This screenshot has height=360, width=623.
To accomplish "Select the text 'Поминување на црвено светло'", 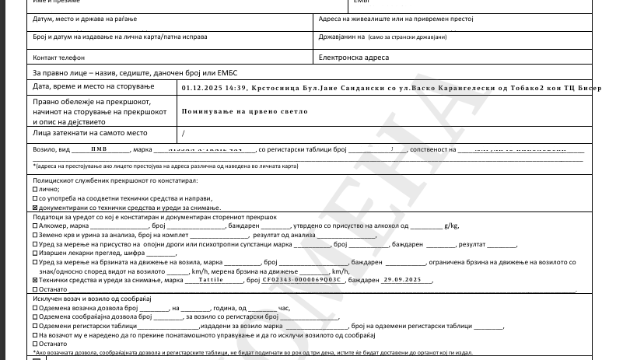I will click(x=244, y=111).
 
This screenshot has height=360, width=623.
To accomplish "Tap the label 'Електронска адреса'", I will click(x=354, y=58).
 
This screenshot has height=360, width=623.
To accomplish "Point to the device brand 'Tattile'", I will click(x=210, y=279).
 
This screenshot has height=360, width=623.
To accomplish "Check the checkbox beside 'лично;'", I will click(x=34, y=189).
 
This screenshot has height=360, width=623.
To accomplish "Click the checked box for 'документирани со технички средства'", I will click(x=34, y=208).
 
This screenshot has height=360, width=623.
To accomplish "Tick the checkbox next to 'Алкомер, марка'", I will click(x=34, y=225).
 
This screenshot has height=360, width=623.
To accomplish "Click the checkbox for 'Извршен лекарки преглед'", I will click(x=34, y=253).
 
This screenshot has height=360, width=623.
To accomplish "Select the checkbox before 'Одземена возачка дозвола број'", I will click(x=34, y=308).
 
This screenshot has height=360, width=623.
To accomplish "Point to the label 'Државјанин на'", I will click(x=341, y=37).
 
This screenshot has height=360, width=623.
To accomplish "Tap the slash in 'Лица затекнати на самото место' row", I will click(x=183, y=133).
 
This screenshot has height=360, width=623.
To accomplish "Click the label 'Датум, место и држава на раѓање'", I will click(x=81, y=18).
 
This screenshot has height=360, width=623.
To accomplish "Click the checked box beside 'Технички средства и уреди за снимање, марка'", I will click(x=34, y=280).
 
